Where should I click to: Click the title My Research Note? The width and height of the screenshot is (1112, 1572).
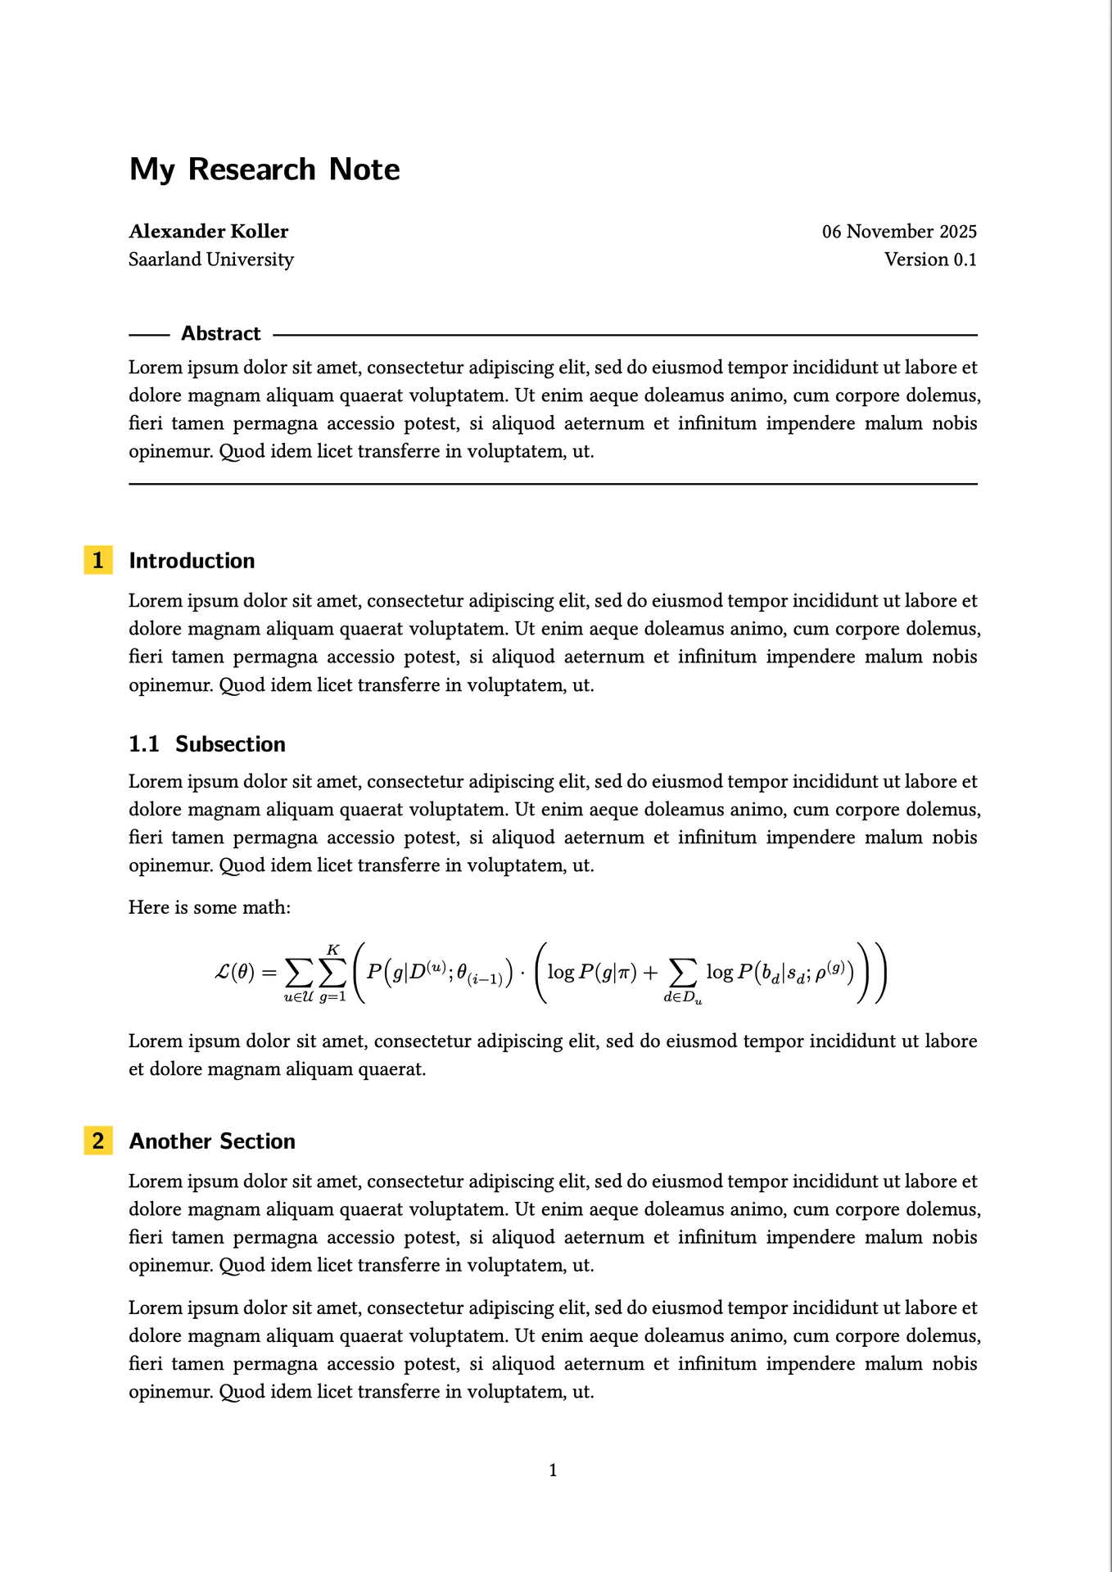pos(264,169)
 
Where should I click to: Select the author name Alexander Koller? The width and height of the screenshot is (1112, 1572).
pos(209,232)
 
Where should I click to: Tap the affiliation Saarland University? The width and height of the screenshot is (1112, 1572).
pos(211,260)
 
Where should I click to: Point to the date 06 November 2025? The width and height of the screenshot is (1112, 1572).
pos(899,232)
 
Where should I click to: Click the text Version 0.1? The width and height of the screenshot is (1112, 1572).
pos(930,260)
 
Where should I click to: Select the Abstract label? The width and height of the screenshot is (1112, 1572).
pos(220,334)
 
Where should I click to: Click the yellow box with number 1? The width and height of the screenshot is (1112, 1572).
pos(98,561)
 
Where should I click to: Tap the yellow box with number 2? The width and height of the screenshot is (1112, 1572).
pos(98,1141)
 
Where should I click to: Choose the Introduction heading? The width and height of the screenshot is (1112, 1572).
pos(192,561)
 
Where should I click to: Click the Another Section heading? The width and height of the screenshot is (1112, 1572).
pos(212,1141)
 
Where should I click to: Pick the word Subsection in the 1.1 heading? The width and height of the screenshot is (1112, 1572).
pos(230,744)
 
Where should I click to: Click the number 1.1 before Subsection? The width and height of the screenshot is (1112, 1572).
pos(144,744)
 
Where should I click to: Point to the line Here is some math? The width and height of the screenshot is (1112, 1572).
pos(210,907)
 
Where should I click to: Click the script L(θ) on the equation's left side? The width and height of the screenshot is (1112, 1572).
pos(234,973)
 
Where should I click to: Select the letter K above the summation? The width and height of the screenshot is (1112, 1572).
pos(332,950)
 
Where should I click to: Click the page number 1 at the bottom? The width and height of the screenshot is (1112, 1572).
pos(553,1470)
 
